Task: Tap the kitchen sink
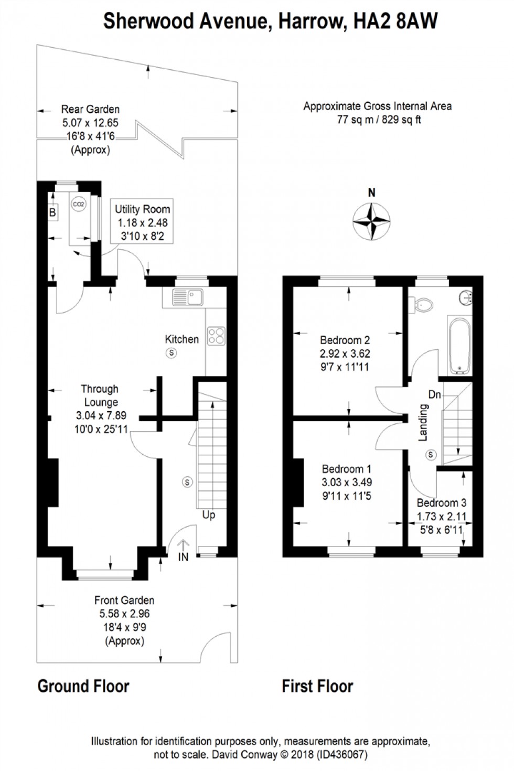[x=187, y=297]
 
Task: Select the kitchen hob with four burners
[x=217, y=336]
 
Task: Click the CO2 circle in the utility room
[x=78, y=204]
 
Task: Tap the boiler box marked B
[x=52, y=213]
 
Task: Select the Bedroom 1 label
[x=346, y=468]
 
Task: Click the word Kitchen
[x=182, y=339]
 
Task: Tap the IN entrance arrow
[x=183, y=550]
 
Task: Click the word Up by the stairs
[x=209, y=515]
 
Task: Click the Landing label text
[x=423, y=424]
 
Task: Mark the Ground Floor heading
[x=83, y=686]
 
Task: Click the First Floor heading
[x=317, y=686]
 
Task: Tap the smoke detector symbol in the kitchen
[x=171, y=354]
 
